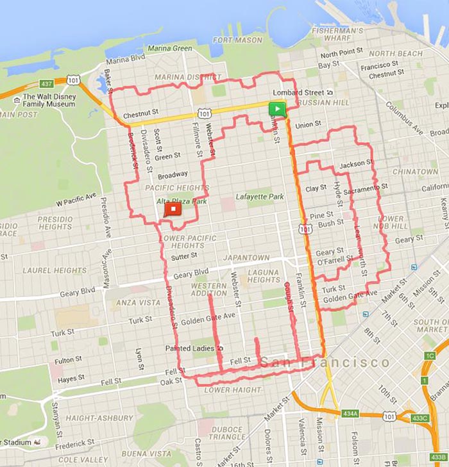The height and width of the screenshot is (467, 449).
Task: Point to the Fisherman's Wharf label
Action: coord(337,34)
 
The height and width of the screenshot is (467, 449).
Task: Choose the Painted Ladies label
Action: coord(191,348)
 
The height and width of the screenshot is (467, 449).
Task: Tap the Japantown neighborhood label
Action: coord(246,258)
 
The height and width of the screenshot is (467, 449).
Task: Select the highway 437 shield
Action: coord(46,84)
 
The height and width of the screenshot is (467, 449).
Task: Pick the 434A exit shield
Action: coord(350,414)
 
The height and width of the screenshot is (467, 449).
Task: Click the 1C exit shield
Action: coord(429,356)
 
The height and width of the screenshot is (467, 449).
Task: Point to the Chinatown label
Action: coord(415,172)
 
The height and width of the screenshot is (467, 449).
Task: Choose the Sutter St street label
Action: coord(183,256)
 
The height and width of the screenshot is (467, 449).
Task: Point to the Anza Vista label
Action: coord(138,302)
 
